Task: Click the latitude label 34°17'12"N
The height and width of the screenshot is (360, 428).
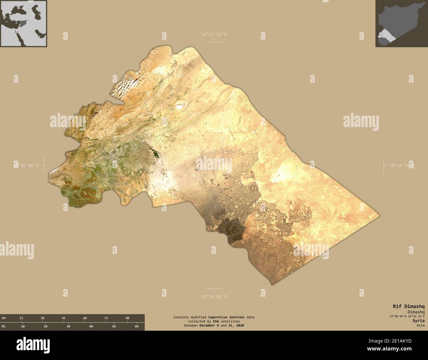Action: point(214,34)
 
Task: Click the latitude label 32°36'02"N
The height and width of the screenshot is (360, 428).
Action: point(214,296)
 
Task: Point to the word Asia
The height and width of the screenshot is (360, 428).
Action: point(420,325)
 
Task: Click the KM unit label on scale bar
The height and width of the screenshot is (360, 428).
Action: point(4,318)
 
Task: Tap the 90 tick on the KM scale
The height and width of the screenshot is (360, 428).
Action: point(127,318)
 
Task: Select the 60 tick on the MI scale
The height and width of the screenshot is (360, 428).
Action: point(136,326)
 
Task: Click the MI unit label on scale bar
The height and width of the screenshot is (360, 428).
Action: point(4,326)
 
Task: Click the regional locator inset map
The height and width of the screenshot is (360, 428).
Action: point(23,23)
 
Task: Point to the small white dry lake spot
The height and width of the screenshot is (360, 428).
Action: point(179,106)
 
